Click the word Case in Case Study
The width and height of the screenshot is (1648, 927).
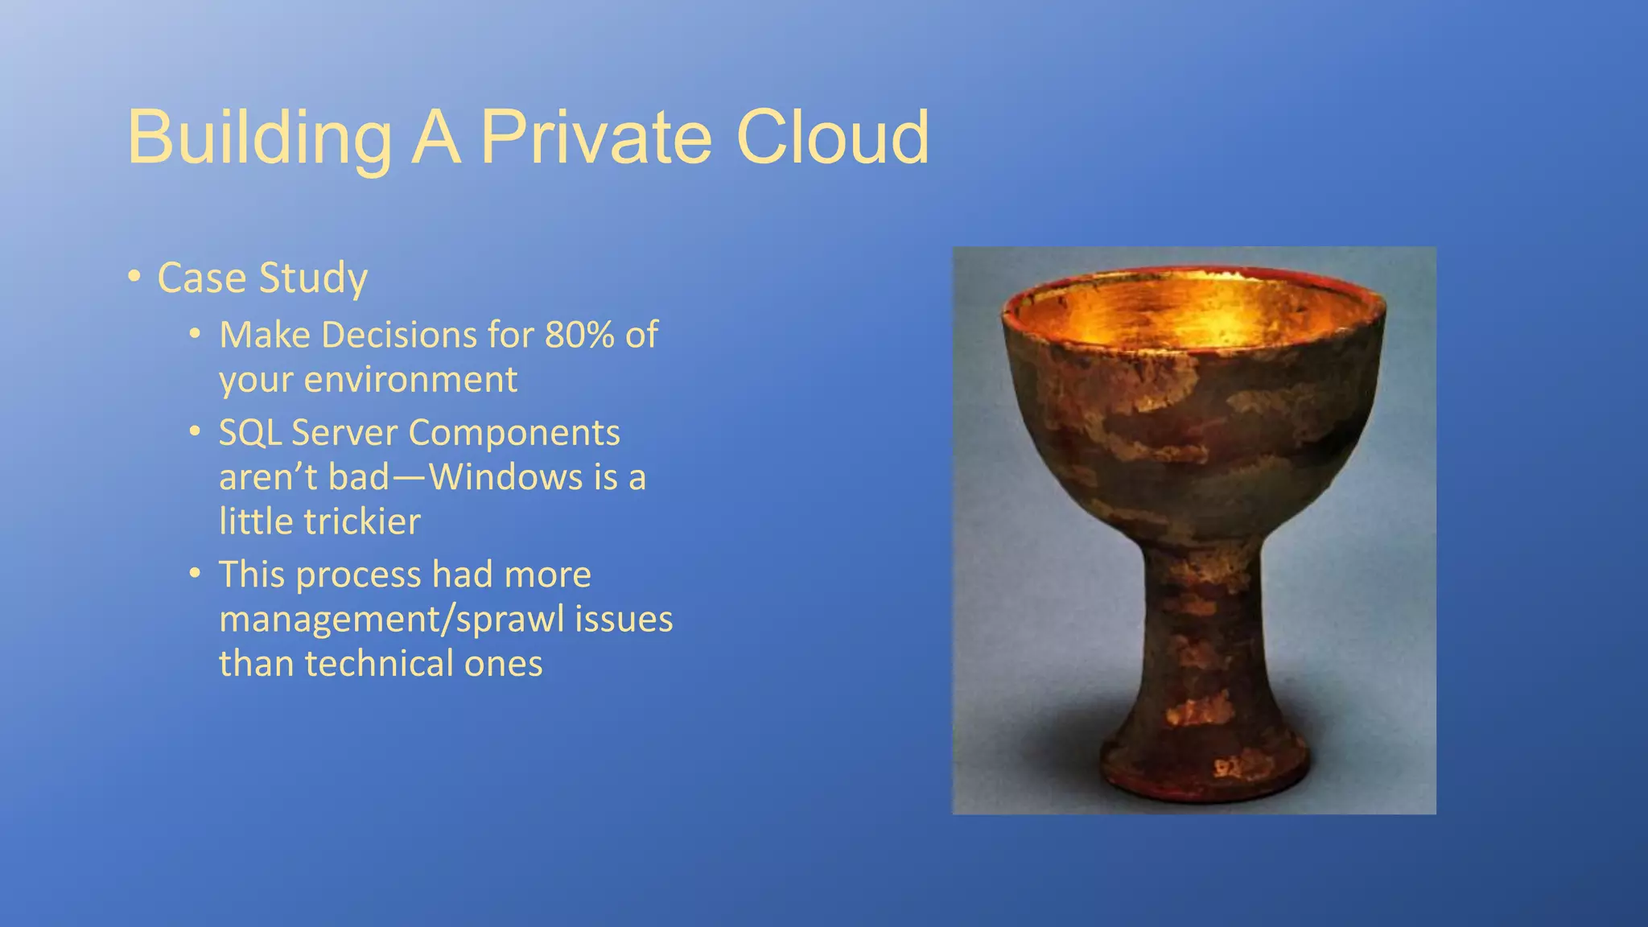pos(201,278)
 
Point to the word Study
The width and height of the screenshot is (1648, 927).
pos(313,279)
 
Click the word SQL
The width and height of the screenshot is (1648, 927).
pos(249,433)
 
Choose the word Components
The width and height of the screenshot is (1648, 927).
pos(514,433)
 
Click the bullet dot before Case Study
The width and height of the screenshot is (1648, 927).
pos(134,278)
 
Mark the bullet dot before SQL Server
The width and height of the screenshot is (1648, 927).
pos(195,432)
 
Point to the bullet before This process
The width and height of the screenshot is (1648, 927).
pos(195,574)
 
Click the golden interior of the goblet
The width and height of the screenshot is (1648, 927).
pos(1191,314)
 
